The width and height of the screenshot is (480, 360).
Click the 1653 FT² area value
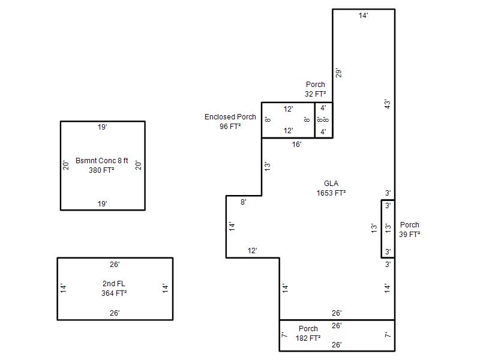(x=331, y=193)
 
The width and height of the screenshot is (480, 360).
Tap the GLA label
(x=331, y=184)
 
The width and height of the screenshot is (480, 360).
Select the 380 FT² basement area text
(x=103, y=170)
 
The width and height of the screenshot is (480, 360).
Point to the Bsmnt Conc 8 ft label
(x=102, y=161)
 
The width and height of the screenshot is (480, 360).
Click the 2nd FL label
(x=114, y=284)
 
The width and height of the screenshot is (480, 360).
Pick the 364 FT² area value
(x=114, y=293)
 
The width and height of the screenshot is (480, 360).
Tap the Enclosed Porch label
(x=230, y=117)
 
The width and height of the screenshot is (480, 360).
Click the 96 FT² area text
(x=230, y=127)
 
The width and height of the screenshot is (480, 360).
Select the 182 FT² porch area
(x=308, y=338)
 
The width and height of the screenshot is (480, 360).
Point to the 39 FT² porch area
(x=410, y=235)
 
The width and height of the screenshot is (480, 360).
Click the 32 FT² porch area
(x=316, y=94)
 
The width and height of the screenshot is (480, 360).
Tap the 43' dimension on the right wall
(x=388, y=104)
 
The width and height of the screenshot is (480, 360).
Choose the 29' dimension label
(x=339, y=73)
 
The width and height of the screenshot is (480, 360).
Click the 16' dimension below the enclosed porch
(x=296, y=145)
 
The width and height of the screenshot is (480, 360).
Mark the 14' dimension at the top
(x=364, y=16)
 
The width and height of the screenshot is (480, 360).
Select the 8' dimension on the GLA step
(x=243, y=202)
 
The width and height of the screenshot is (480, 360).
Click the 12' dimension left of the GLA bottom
(x=253, y=251)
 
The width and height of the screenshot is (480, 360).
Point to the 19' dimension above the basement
(x=103, y=127)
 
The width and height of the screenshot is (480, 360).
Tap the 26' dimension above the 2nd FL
(x=115, y=264)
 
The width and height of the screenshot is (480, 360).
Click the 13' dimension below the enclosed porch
(x=268, y=166)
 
